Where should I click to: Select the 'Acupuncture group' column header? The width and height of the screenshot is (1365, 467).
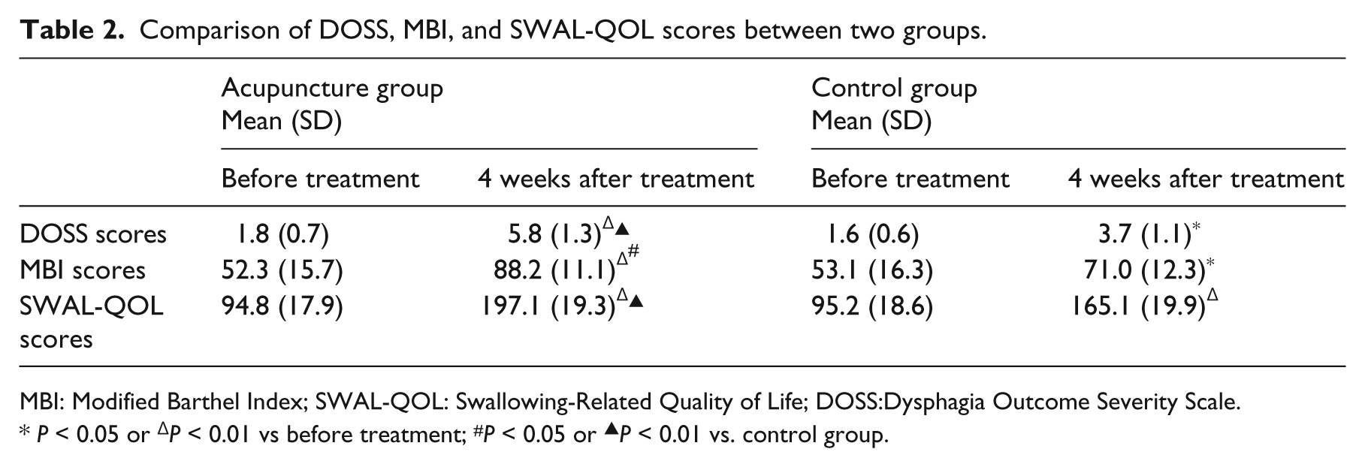coord(332,89)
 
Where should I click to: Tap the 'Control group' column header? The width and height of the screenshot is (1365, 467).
coord(894,89)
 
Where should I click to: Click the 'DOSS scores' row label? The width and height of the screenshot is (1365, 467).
coord(93,234)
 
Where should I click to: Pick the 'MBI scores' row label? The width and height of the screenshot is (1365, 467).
coord(83,270)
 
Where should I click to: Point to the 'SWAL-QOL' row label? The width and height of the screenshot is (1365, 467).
coord(92,306)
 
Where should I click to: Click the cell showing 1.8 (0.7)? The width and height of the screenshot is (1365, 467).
coord(282,235)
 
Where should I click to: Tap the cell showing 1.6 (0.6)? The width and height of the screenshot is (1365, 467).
coord(872,235)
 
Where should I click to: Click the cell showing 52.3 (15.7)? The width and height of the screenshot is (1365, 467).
coord(282,270)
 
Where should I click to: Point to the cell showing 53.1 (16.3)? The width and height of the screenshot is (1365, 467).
coord(872,270)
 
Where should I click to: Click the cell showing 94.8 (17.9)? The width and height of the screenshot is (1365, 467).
coord(282,306)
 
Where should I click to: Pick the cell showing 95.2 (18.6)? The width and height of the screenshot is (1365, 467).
coord(872,306)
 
